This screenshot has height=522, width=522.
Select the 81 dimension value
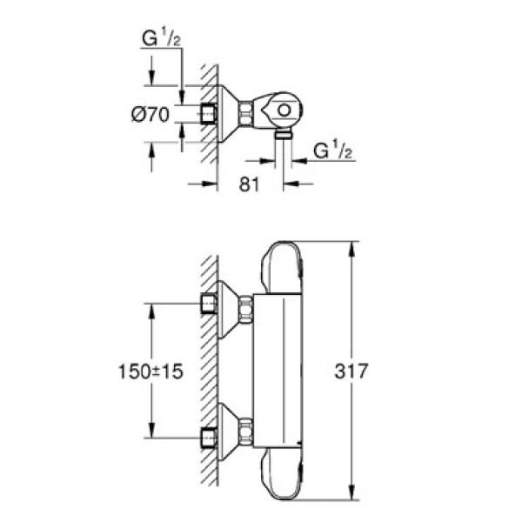(250, 184)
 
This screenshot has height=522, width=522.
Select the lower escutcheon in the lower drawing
(228, 432)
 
